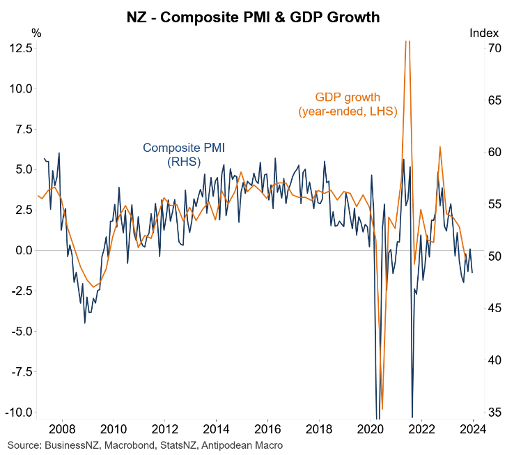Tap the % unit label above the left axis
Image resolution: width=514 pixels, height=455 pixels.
[x=36, y=33]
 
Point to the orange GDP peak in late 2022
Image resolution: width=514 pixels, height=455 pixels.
[x=440, y=148]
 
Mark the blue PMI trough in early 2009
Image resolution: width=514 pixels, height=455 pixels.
[x=85, y=322]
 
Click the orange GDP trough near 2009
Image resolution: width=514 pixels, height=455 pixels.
[x=94, y=287]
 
